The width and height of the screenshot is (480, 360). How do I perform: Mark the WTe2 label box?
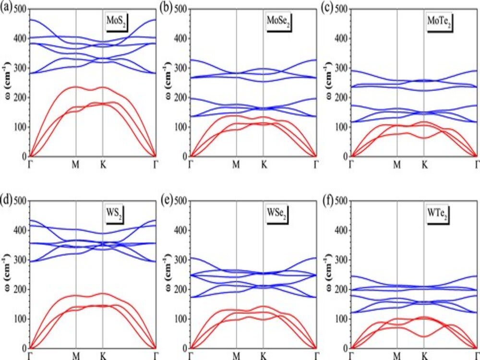[x=438, y=213]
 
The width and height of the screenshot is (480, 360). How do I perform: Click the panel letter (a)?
[x=7, y=8]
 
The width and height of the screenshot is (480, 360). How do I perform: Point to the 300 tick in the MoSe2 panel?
[x=181, y=68]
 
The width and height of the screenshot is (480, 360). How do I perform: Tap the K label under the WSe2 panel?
[x=263, y=356]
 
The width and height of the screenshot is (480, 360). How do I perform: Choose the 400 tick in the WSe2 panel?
[x=181, y=230]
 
